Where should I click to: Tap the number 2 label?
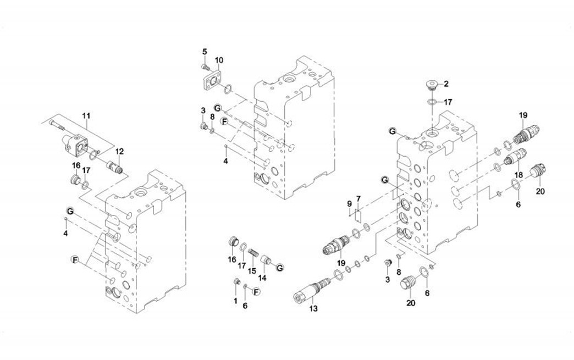[x=446, y=84]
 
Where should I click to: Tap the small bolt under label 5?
[x=205, y=67]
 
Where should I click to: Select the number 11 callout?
[x=86, y=116]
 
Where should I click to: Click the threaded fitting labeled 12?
[x=116, y=164]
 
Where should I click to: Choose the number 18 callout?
[x=518, y=175]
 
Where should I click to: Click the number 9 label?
[x=349, y=204]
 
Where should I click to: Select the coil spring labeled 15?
[x=254, y=256]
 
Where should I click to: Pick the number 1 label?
[x=235, y=301]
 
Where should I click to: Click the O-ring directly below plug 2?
[x=433, y=102]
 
